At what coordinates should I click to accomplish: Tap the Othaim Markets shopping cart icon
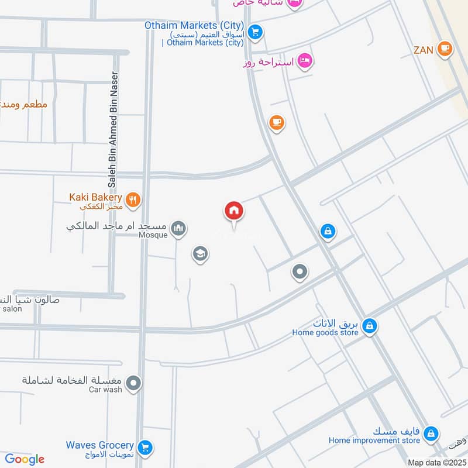pyautogui.click(x=254, y=33)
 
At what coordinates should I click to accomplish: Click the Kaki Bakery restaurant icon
pyautogui.click(x=133, y=199)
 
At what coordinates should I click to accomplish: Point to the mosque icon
pyautogui.click(x=179, y=229)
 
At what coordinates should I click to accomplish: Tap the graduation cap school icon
pyautogui.click(x=200, y=254)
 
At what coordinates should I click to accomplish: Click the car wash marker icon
pyautogui.click(x=135, y=384)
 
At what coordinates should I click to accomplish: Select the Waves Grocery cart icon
pyautogui.click(x=146, y=448)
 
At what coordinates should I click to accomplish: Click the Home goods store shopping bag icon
pyautogui.click(x=369, y=326)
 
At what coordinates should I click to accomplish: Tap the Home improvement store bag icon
pyautogui.click(x=431, y=433)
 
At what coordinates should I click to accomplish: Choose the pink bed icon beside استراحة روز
pyautogui.click(x=305, y=60)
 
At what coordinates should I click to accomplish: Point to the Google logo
pyautogui.click(x=25, y=459)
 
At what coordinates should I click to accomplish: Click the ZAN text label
pyautogui.click(x=423, y=50)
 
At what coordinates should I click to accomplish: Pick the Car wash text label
pyautogui.click(x=105, y=390)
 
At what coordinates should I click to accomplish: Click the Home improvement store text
pyautogui.click(x=374, y=441)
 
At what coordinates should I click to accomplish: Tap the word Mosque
pyautogui.click(x=153, y=235)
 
